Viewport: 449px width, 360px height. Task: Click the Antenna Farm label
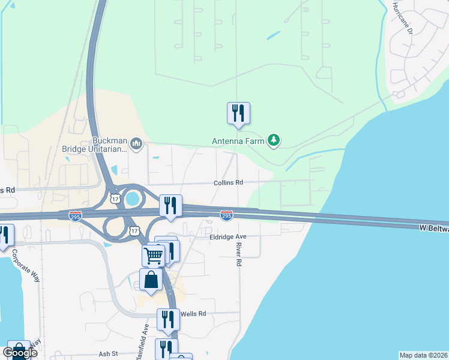coord(238,142)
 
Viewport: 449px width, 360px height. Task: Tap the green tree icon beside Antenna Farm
coord(274,140)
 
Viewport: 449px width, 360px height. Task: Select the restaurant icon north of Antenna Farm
coord(238,113)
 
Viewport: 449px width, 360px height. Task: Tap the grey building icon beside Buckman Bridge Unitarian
coord(136,143)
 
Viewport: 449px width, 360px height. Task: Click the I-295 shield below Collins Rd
coord(226,214)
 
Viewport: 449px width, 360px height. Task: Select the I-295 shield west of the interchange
coord(76,215)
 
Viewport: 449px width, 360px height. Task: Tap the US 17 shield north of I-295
coord(114,197)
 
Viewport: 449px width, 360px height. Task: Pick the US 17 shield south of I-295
coord(134,230)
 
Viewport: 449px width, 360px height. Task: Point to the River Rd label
coord(238,254)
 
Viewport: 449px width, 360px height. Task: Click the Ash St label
coord(109,354)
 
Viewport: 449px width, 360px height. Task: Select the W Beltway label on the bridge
coord(433,228)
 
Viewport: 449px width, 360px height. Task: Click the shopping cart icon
coord(154,256)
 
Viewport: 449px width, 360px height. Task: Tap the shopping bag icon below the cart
coord(150,280)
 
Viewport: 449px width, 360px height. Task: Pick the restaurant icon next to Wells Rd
coord(168,319)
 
